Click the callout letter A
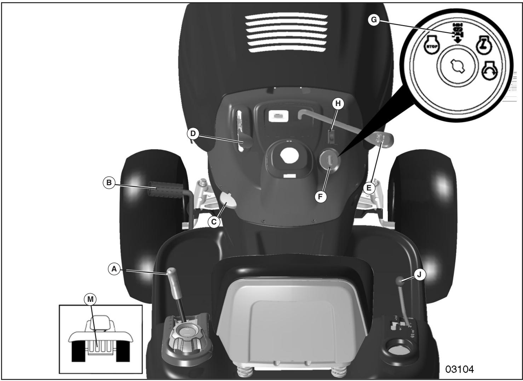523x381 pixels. click(114, 269)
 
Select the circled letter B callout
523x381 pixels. click(109, 183)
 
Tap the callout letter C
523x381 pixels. click(214, 222)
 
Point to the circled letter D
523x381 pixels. click(192, 133)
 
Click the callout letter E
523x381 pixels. click(369, 188)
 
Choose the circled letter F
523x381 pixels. click(321, 197)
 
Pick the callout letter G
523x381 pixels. click(373, 20)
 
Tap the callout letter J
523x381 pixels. click(420, 275)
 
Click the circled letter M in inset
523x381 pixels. click(91, 299)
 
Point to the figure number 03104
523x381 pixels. click(459, 369)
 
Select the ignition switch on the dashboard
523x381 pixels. click(330, 161)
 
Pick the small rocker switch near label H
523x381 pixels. click(331, 136)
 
